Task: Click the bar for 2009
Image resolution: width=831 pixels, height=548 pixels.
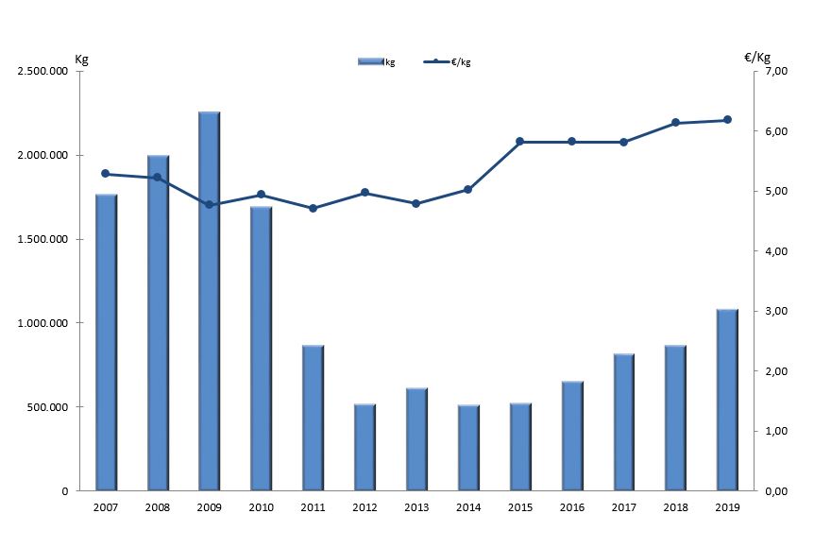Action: pyautogui.click(x=209, y=301)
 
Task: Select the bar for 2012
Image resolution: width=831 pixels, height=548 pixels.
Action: pyautogui.click(x=365, y=448)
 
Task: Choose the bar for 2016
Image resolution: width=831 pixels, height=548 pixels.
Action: pyautogui.click(x=572, y=436)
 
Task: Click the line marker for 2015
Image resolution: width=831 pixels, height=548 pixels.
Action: pyautogui.click(x=519, y=142)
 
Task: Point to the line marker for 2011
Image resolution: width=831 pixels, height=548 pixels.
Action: pyautogui.click(x=313, y=208)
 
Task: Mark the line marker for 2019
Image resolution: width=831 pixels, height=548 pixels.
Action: pyautogui.click(x=727, y=120)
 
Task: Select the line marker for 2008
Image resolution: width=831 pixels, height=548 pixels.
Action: pyautogui.click(x=157, y=178)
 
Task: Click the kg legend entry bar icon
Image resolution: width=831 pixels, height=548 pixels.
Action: pyautogui.click(x=370, y=61)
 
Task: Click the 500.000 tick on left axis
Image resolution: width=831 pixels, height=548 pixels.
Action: pyautogui.click(x=47, y=407)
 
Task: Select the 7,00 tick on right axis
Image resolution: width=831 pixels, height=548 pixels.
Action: pyautogui.click(x=773, y=72)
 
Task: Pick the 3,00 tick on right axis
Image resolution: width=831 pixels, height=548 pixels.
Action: pyautogui.click(x=773, y=312)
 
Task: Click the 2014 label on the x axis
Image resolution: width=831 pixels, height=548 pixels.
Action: pyautogui.click(x=467, y=506)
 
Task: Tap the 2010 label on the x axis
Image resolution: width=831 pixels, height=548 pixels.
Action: pyautogui.click(x=261, y=506)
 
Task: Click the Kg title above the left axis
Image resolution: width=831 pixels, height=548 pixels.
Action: pyautogui.click(x=82, y=58)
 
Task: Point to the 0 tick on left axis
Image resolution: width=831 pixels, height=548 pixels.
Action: pyautogui.click(x=65, y=491)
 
